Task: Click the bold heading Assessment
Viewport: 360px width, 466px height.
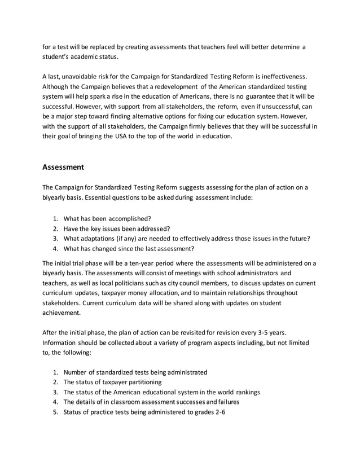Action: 63,167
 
